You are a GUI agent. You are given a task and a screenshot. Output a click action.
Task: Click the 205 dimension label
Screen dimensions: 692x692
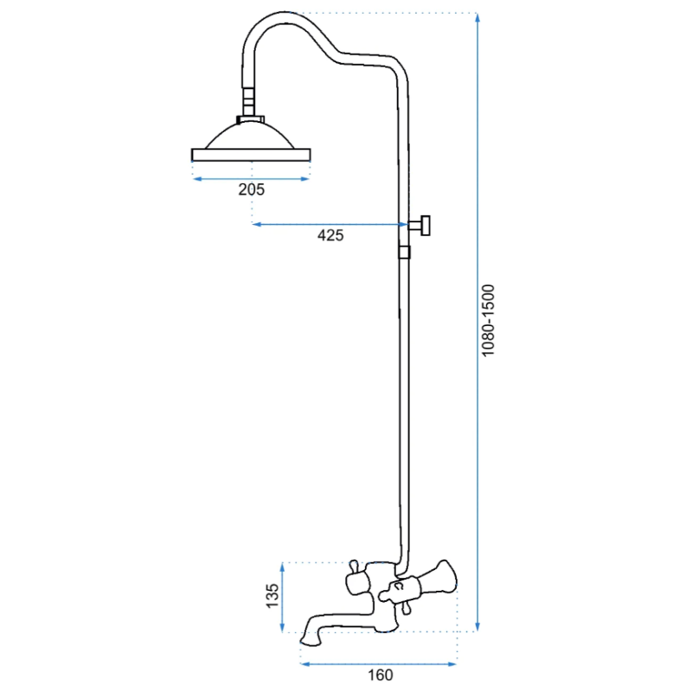tap(251, 189)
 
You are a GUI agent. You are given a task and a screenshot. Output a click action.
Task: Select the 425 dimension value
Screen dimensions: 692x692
tap(330, 234)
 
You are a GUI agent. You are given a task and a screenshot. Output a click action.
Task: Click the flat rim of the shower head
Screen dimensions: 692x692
tap(251, 155)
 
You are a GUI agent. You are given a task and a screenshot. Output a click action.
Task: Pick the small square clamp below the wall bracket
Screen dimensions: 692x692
tap(405, 252)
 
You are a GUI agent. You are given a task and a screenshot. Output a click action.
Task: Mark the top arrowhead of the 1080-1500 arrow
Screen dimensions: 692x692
tap(478, 18)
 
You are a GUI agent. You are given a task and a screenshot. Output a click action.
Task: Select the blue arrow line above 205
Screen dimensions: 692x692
tap(251, 179)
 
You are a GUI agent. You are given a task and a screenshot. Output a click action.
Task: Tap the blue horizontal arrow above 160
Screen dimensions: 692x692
tap(378, 664)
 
